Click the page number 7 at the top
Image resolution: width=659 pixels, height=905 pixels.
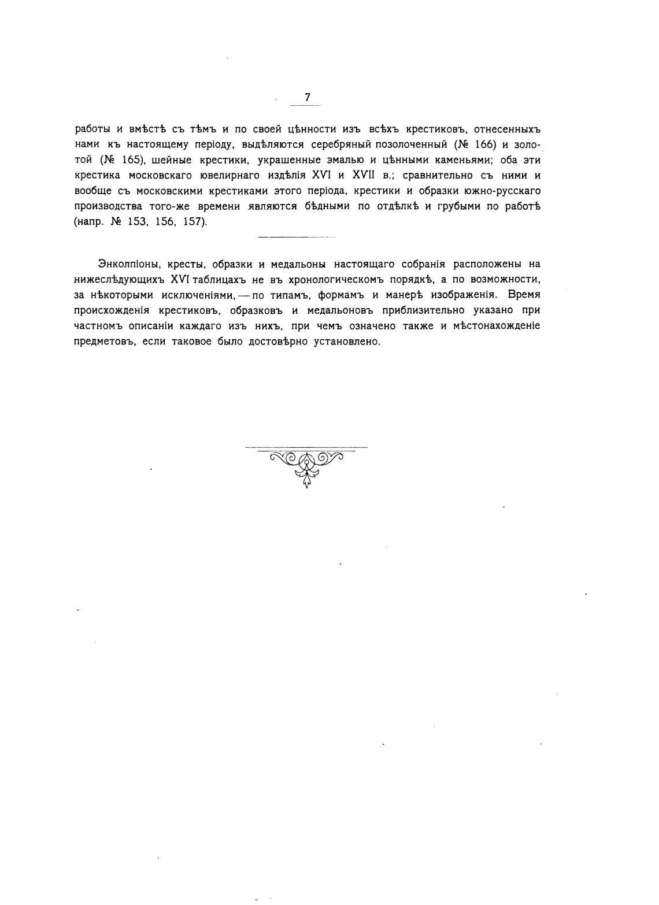(x=307, y=97)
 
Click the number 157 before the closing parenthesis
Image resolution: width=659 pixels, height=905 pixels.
(x=193, y=222)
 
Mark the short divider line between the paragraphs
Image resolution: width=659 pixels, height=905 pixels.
(x=297, y=237)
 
